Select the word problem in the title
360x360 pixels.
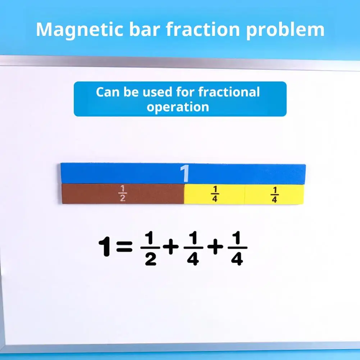[285, 30]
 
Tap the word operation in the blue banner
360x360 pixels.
[178, 107]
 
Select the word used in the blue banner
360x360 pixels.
[157, 92]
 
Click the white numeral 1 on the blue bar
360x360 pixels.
[184, 174]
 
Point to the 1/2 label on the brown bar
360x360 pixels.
[123, 194]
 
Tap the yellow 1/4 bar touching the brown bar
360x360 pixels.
[214, 194]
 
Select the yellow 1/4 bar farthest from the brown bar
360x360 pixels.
[274, 194]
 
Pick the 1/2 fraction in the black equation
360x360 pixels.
[150, 248]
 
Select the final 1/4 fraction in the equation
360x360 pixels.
[237, 248]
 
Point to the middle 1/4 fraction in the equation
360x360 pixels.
[193, 248]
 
